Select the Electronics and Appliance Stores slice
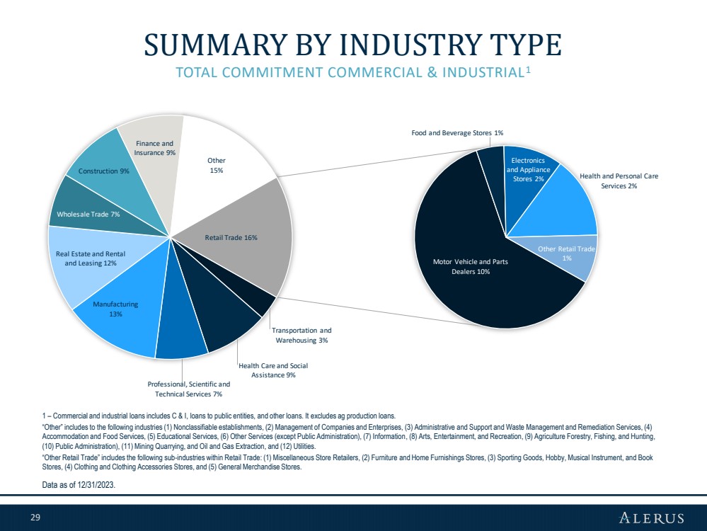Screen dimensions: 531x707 coord(527,170)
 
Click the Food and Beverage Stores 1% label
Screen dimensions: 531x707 coord(457,133)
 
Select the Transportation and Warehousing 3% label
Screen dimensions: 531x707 coord(302,335)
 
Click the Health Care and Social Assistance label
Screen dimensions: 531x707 coord(273,370)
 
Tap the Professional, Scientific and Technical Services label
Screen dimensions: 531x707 coord(183,389)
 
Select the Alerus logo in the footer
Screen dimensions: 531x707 coord(652,517)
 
